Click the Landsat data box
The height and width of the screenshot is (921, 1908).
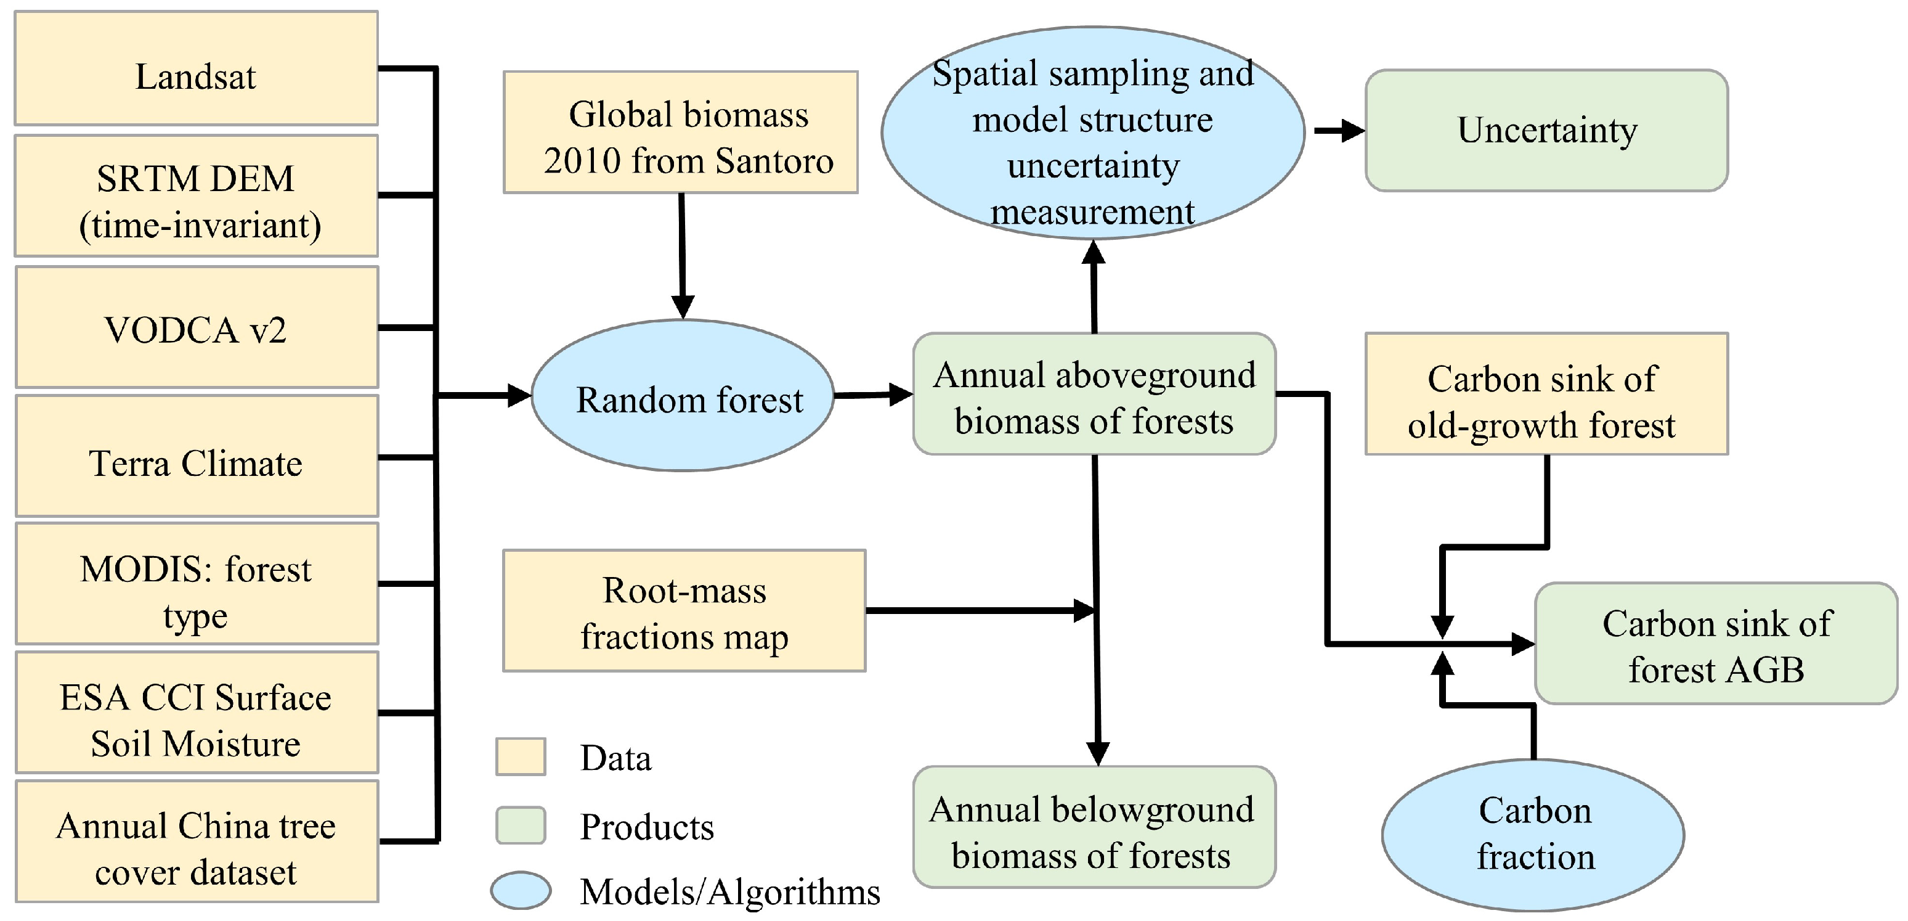tap(197, 68)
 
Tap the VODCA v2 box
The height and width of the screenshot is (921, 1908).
tap(197, 327)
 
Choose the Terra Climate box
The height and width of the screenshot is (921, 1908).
tap(197, 456)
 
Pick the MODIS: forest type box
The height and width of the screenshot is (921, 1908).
tap(197, 584)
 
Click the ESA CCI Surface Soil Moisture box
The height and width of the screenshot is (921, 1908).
tap(197, 713)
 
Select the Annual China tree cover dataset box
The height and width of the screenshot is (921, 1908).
tap(197, 841)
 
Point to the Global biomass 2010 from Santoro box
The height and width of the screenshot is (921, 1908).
tap(681, 133)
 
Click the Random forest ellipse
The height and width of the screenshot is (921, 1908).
tap(683, 396)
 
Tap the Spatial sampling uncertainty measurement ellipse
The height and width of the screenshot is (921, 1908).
tap(1092, 133)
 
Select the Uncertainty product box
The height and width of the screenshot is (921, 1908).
tap(1546, 131)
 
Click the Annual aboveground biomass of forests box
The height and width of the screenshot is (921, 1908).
tap(1094, 394)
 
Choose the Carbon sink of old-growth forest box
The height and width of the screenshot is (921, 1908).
tap(1546, 394)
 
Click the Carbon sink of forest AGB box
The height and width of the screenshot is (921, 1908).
tap(1715, 644)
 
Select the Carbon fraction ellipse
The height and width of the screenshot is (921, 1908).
tap(1533, 836)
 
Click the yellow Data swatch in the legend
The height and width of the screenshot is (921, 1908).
tap(521, 756)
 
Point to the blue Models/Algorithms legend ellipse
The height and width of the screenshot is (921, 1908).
tap(521, 891)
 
